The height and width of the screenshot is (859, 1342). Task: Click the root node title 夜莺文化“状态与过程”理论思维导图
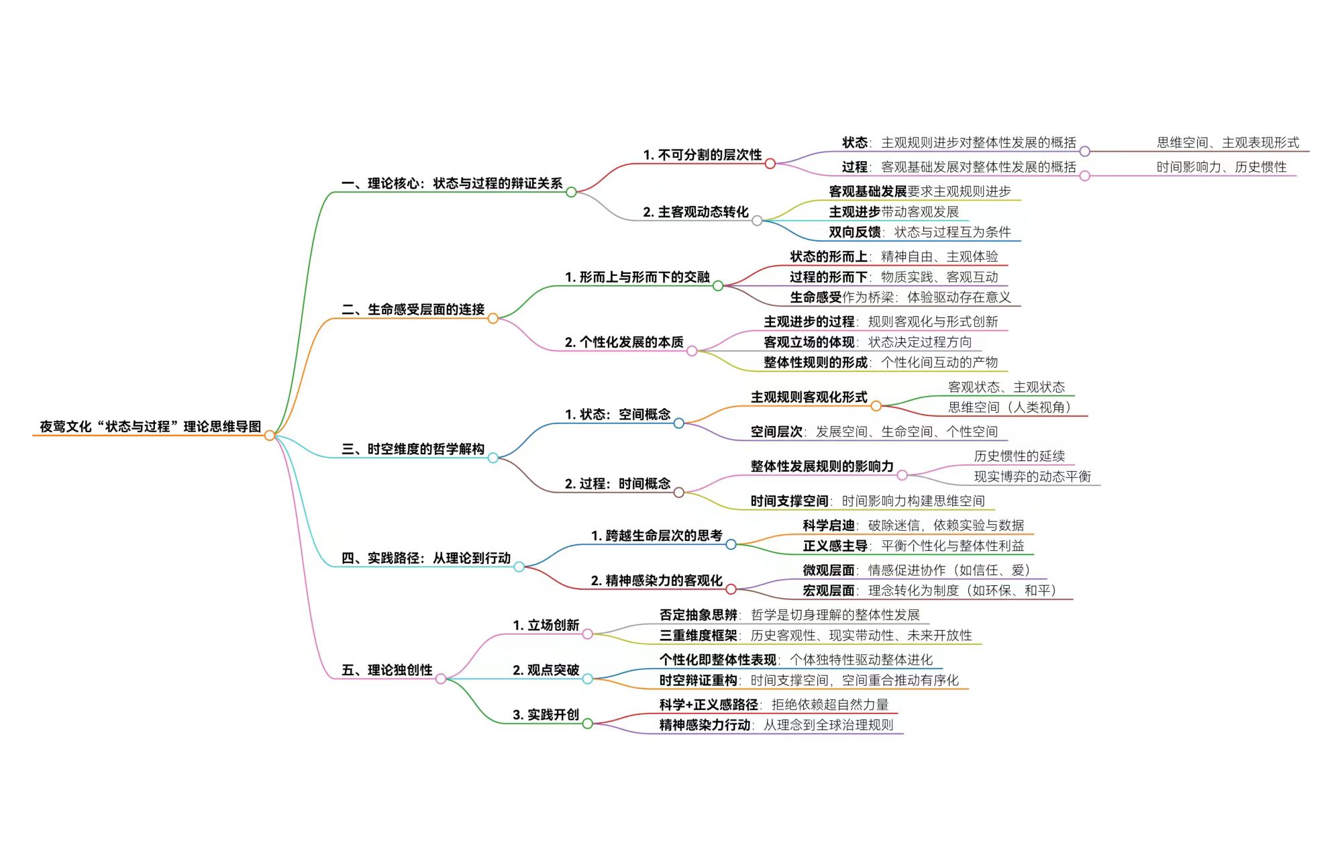pyautogui.click(x=150, y=427)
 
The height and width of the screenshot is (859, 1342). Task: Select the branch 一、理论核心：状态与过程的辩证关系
pyautogui.click(x=452, y=183)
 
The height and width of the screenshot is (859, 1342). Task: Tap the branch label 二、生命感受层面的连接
pyautogui.click(x=413, y=309)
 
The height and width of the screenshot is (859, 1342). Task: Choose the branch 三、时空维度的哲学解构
pyautogui.click(x=413, y=449)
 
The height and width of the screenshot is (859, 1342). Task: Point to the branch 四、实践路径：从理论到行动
pyautogui.click(x=425, y=558)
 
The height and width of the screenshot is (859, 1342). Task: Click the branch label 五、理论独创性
pyautogui.click(x=386, y=670)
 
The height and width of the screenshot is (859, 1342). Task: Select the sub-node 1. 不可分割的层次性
pyautogui.click(x=702, y=155)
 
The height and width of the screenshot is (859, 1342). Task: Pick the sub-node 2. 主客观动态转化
pyautogui.click(x=695, y=212)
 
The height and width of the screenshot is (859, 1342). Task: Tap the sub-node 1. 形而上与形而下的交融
pyautogui.click(x=637, y=277)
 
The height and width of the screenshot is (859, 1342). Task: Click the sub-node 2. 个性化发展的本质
pyautogui.click(x=624, y=342)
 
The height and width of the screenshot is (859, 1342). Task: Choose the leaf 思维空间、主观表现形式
pyautogui.click(x=1227, y=143)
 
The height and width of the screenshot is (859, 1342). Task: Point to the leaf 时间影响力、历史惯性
pyautogui.click(x=1221, y=167)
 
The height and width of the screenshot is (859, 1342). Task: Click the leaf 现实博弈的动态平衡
pyautogui.click(x=1032, y=476)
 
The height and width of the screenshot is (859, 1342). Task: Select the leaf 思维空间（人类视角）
pyautogui.click(x=1009, y=407)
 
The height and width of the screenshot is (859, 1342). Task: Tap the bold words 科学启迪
pyautogui.click(x=829, y=525)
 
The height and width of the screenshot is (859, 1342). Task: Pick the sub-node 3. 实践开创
pyautogui.click(x=546, y=715)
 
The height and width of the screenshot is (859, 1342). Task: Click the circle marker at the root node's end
pyautogui.click(x=270, y=436)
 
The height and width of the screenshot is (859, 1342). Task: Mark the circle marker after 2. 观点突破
pyautogui.click(x=587, y=678)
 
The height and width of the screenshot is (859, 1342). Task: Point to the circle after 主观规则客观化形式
pyautogui.click(x=876, y=405)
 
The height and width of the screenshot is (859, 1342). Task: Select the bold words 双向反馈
pyautogui.click(x=854, y=232)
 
